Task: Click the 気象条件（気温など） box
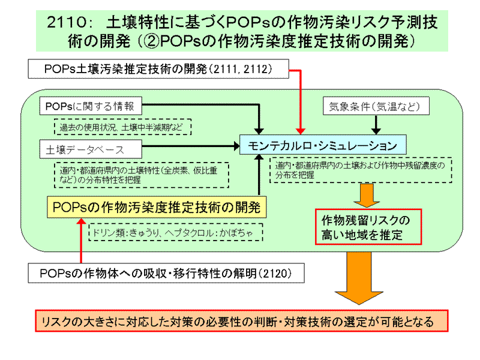(x=376, y=106)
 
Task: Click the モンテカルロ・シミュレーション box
(x=322, y=145)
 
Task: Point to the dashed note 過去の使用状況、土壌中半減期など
(x=123, y=127)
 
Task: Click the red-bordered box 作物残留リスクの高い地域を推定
(x=369, y=226)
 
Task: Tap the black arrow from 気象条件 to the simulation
(x=376, y=124)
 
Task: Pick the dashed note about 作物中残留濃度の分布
(x=360, y=170)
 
